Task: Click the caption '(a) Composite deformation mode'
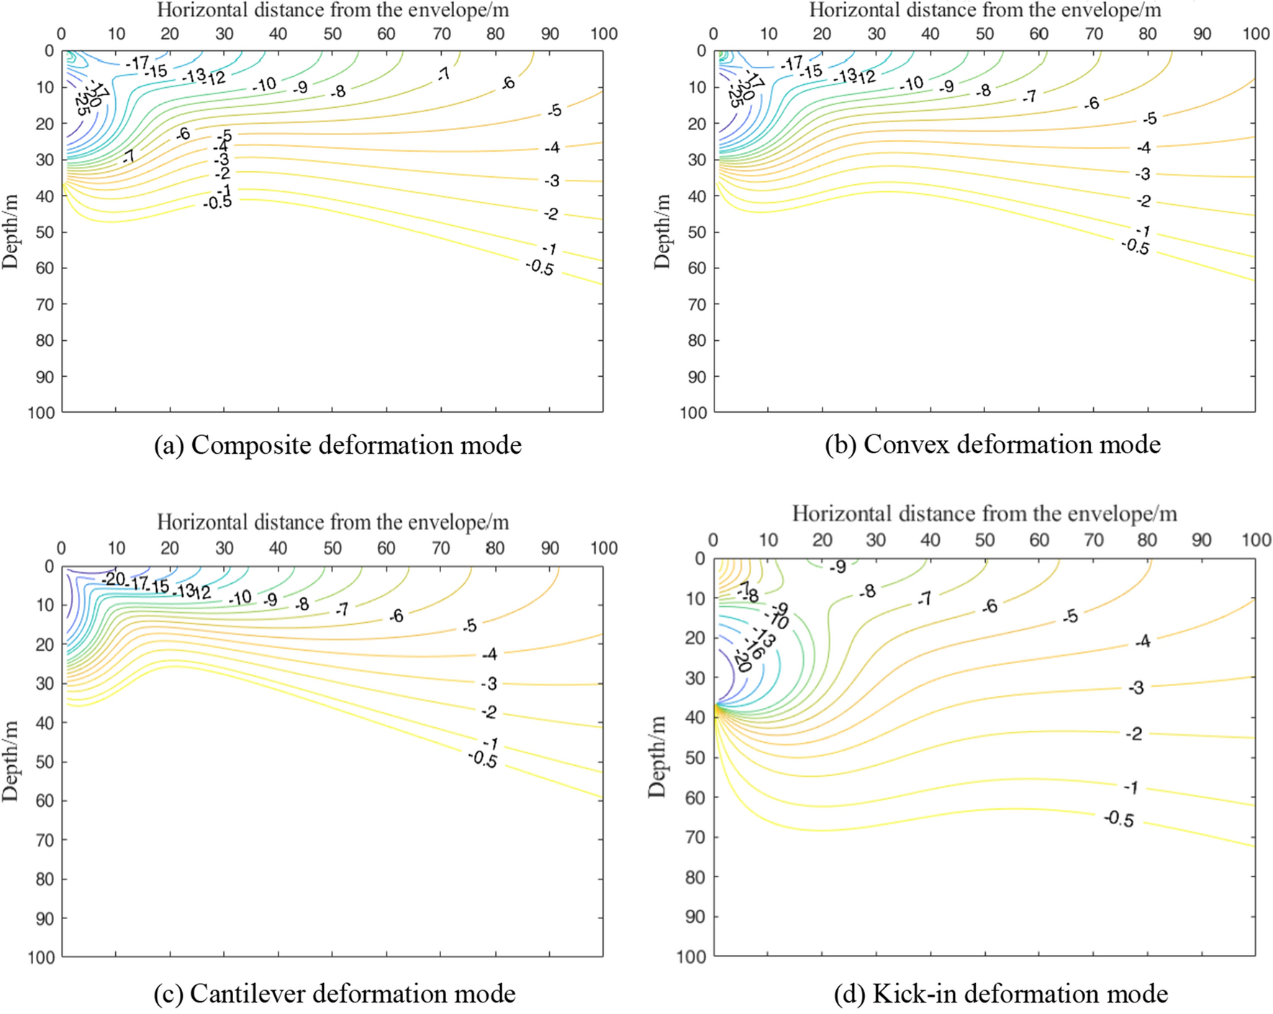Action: point(337,445)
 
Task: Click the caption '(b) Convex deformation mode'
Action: point(992,444)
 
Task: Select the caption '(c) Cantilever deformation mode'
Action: point(335,993)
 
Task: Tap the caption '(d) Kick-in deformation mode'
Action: point(1000,993)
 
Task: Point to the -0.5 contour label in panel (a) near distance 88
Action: point(540,268)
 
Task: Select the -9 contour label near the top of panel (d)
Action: point(837,567)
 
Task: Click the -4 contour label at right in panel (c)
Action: point(489,654)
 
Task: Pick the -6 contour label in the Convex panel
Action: point(1092,104)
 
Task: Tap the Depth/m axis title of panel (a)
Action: point(10,232)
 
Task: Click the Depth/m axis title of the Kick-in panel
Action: point(656,757)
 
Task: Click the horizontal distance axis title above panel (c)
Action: point(332,522)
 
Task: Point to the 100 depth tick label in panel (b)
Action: point(694,413)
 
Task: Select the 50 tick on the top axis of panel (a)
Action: point(332,34)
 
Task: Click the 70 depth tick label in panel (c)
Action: point(45,839)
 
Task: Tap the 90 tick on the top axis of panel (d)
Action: point(1201,540)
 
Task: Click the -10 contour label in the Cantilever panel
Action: point(240,598)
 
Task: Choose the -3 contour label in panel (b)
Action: point(1143,174)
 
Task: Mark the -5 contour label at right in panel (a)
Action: point(554,111)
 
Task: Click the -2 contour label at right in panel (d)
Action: point(1134,734)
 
